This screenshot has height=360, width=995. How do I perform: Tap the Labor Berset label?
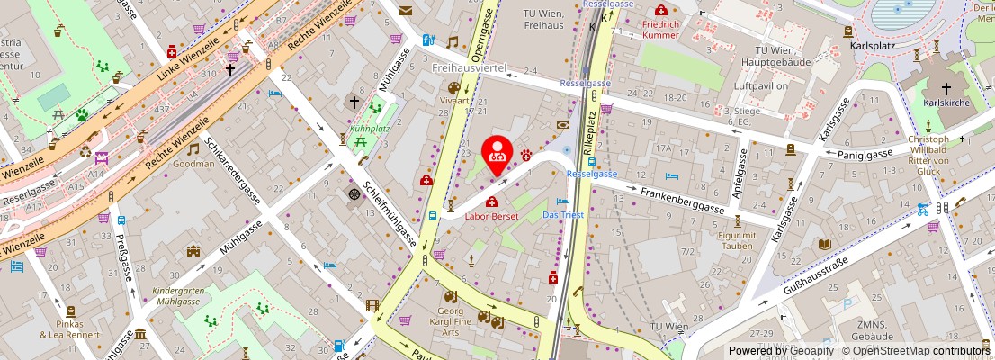click(491, 216)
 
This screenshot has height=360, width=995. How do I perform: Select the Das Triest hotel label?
click(563, 215)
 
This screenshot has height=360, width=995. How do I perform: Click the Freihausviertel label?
click(470, 68)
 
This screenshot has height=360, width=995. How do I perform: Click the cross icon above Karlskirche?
click(946, 89)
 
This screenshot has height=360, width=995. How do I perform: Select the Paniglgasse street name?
click(859, 153)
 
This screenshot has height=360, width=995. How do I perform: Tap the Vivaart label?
click(453, 102)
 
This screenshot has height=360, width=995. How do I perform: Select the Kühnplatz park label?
click(369, 129)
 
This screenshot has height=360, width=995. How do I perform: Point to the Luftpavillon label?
click(761, 85)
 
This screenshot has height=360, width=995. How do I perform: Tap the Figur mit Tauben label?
click(737, 240)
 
